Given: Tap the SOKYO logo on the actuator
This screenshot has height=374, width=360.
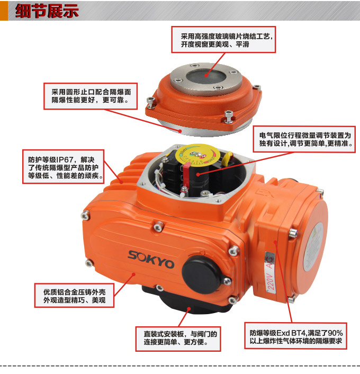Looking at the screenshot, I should point(151,257).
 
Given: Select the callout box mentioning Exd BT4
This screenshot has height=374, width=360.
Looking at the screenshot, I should point(296,337).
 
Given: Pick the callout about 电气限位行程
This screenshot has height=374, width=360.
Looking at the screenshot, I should point(301,140).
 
